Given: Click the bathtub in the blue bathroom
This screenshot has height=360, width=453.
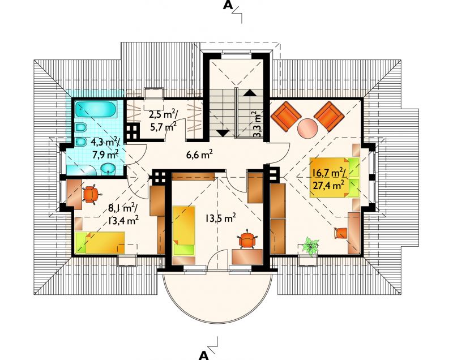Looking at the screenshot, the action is click(x=96, y=109).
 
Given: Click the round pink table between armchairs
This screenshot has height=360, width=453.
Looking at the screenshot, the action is click(x=307, y=128).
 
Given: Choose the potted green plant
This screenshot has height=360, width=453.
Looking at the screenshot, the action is click(x=310, y=246).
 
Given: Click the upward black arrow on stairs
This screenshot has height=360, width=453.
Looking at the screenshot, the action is click(x=249, y=92).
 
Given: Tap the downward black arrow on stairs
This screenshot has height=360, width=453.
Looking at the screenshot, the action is click(x=223, y=133).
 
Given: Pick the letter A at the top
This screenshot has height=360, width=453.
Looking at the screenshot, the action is click(x=228, y=5).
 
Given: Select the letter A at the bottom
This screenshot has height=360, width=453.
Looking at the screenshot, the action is click(x=204, y=355).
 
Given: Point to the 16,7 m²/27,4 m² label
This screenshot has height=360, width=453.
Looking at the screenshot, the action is click(x=328, y=179).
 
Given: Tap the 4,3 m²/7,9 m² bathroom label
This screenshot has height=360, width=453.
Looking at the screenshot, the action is click(x=105, y=148).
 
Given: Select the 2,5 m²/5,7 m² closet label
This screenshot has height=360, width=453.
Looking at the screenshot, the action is click(x=163, y=120).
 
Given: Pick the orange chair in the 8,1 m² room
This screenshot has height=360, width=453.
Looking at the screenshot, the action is click(x=91, y=194).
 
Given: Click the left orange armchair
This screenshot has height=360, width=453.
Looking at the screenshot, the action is click(x=285, y=116).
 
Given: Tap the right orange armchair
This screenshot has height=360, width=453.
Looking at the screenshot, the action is click(x=329, y=116).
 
